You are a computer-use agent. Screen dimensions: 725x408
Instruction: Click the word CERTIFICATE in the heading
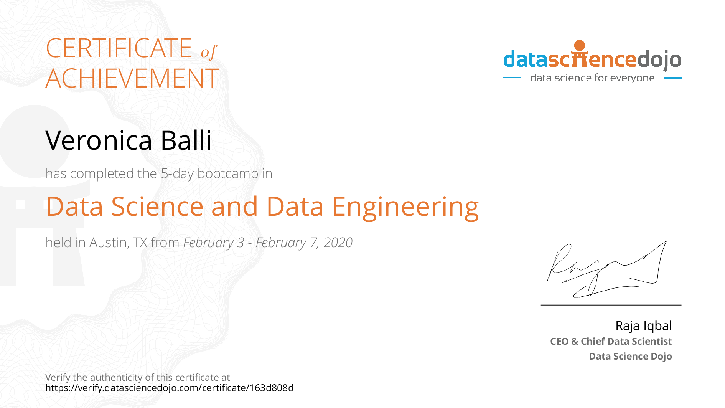click(119, 48)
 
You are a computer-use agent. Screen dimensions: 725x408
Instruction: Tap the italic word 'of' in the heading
click(209, 52)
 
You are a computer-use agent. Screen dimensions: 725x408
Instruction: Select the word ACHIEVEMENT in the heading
click(132, 78)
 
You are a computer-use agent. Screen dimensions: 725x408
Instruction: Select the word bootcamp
click(228, 174)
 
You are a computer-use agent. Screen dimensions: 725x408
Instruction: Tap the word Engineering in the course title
click(405, 208)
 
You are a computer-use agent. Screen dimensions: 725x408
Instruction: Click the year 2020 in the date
click(338, 243)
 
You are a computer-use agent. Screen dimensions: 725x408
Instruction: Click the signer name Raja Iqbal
click(644, 326)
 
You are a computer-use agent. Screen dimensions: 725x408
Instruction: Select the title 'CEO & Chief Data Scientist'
click(611, 341)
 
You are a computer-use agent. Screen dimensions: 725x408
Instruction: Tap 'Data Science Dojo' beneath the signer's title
click(631, 356)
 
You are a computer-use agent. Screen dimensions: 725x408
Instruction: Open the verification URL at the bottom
click(170, 388)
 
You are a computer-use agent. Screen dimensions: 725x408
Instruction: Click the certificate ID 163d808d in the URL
click(272, 388)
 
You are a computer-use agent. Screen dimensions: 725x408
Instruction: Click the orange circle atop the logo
click(580, 46)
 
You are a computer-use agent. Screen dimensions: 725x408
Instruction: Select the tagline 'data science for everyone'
click(592, 78)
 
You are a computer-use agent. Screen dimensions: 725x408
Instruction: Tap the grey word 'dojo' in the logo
click(659, 60)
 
